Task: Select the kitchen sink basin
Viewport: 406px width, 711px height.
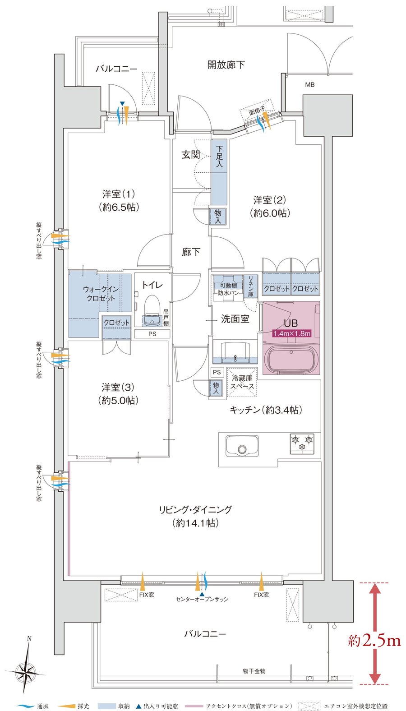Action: pyautogui.click(x=242, y=446)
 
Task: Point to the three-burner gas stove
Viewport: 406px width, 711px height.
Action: pyautogui.click(x=302, y=443)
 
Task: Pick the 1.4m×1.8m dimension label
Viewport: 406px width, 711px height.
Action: pyautogui.click(x=292, y=333)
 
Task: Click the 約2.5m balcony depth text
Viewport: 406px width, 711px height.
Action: pyautogui.click(x=374, y=641)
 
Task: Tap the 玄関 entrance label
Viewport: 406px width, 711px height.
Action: pyautogui.click(x=190, y=155)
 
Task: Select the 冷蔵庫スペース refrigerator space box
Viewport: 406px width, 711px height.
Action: pyautogui.click(x=242, y=382)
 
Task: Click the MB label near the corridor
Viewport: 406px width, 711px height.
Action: pyautogui.click(x=310, y=85)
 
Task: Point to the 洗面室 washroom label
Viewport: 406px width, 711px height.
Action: pyautogui.click(x=235, y=319)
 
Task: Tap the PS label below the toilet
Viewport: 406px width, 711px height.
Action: pyautogui.click(x=152, y=334)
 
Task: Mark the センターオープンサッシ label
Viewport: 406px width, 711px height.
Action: pyautogui.click(x=202, y=599)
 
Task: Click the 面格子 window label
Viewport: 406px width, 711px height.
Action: pyautogui.click(x=257, y=111)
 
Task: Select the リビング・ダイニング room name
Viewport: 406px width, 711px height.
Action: pyautogui.click(x=195, y=509)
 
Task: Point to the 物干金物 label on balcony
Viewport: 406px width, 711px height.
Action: pyautogui.click(x=254, y=671)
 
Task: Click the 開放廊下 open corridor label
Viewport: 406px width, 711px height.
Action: pyautogui.click(x=226, y=65)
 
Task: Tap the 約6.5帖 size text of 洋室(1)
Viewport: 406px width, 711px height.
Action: pyautogui.click(x=119, y=207)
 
